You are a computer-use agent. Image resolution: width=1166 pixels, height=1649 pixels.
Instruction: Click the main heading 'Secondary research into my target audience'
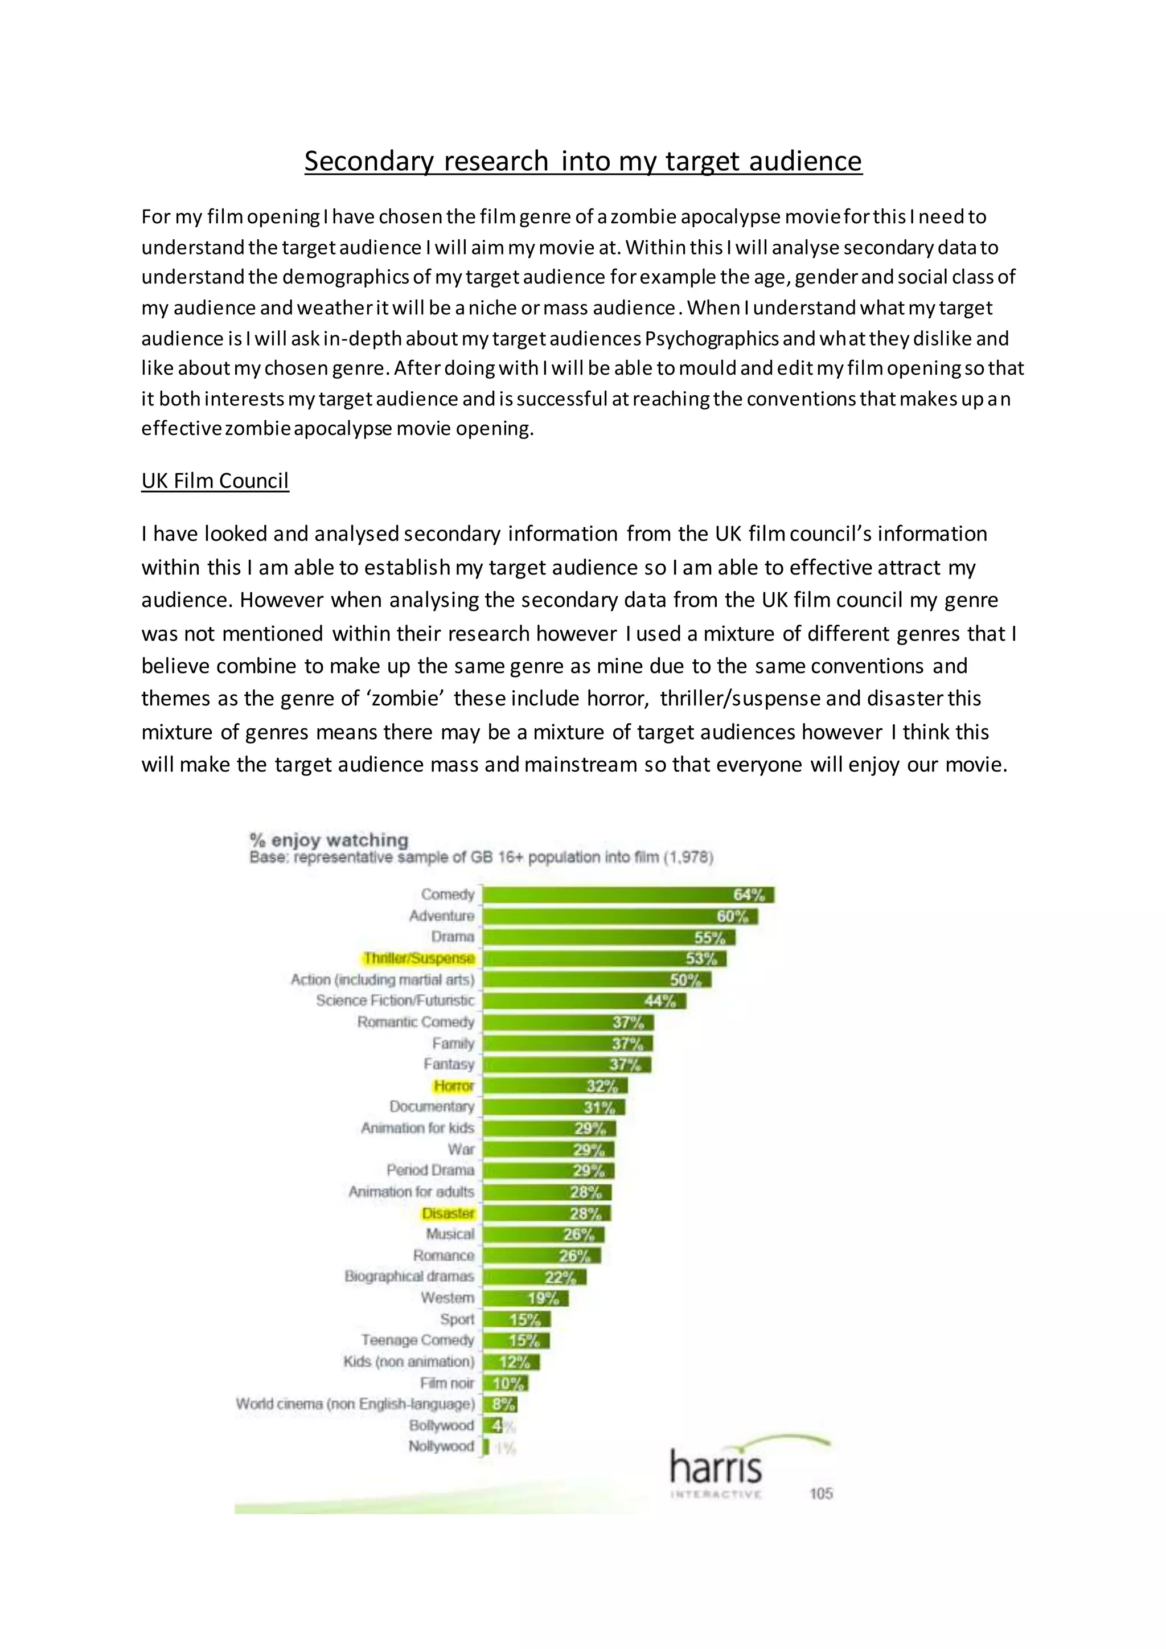coord(582,161)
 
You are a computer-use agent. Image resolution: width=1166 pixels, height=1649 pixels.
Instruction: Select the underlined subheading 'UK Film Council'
coord(215,481)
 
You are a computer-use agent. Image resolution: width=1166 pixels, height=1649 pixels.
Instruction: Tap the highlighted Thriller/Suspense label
coord(418,958)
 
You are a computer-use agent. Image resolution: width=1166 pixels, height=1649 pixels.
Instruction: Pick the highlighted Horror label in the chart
coord(453,1086)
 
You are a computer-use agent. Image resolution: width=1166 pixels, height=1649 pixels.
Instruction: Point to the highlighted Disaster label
coord(448,1213)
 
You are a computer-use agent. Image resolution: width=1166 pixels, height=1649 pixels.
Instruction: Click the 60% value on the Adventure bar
coord(732,916)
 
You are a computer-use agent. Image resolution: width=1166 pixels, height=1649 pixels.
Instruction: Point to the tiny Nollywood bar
coord(486,1446)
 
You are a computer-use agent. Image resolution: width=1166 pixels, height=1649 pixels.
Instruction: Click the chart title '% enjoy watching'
coord(329,839)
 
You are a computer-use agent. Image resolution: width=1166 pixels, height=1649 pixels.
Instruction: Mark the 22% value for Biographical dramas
coord(560,1277)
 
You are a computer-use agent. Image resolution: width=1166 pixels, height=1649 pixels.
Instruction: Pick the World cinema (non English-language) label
coord(355,1404)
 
